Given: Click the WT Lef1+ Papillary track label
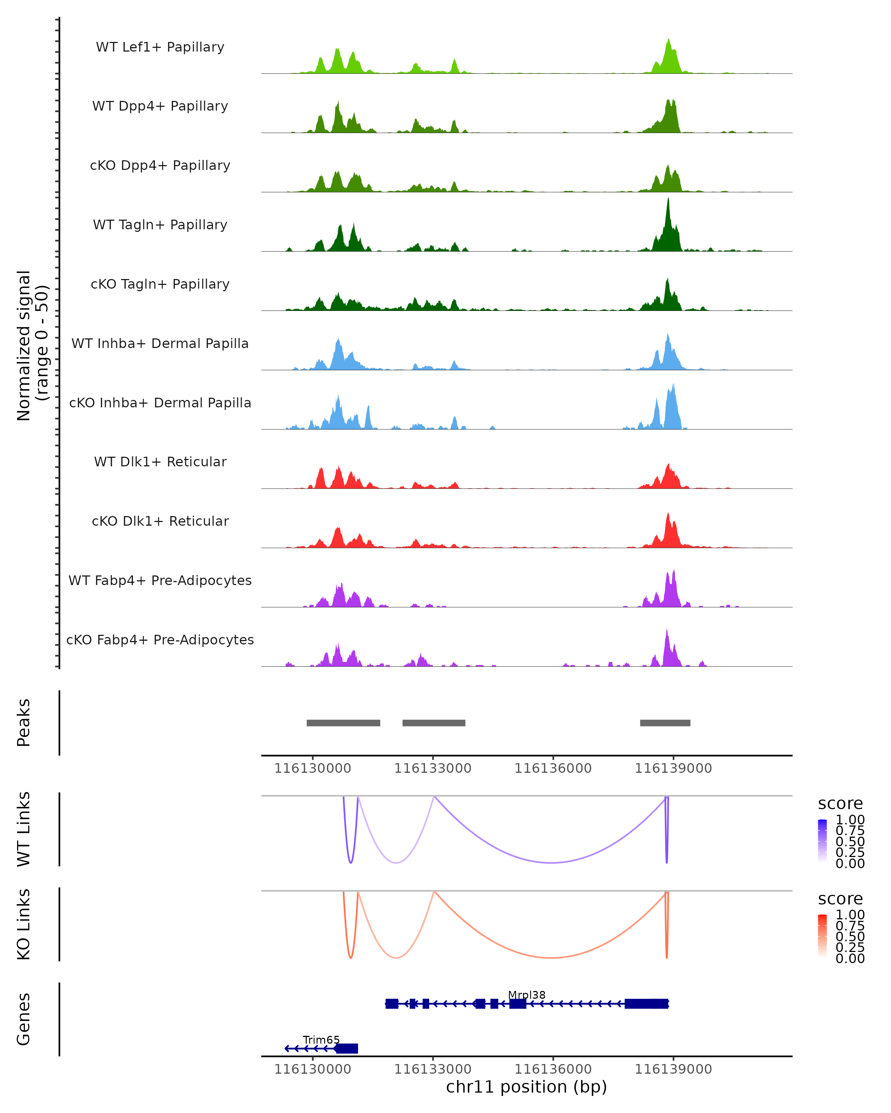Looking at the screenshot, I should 160,47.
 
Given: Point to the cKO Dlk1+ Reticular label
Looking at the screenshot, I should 160,521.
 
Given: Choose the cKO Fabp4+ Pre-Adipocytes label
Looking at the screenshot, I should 160,640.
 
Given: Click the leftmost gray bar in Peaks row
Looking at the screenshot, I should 343,723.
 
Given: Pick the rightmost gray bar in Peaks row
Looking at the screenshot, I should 665,723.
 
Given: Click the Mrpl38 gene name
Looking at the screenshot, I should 526,995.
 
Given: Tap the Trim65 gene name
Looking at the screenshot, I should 321,1040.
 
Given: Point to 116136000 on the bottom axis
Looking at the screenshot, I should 553,1069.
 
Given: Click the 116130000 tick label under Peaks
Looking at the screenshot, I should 313,768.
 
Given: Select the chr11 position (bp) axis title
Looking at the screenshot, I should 526,1087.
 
